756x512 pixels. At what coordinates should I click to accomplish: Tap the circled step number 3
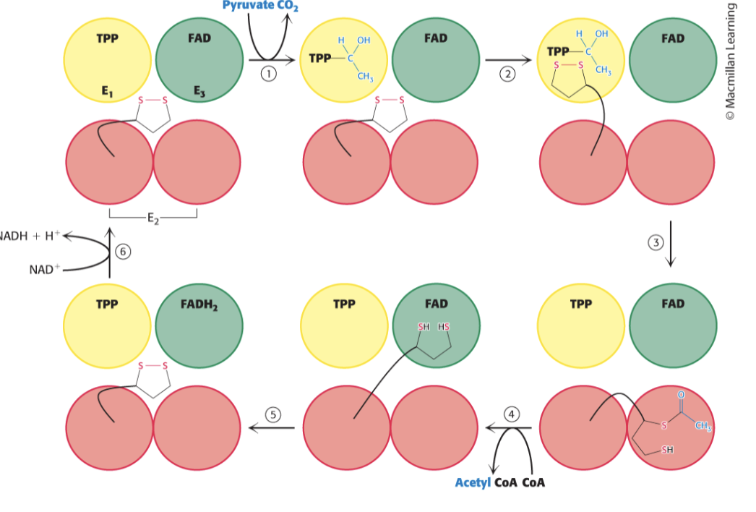(656, 243)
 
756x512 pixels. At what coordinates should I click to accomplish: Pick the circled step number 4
(512, 414)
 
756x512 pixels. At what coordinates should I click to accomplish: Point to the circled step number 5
(272, 414)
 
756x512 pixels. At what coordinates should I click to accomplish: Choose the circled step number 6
(123, 251)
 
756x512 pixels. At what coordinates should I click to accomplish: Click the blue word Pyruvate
(248, 6)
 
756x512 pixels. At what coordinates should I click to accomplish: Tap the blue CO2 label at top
(288, 7)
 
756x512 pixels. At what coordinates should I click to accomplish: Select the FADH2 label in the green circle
(199, 304)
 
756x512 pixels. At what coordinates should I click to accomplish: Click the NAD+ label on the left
(42, 270)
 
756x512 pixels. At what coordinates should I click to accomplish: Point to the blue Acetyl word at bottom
(472, 482)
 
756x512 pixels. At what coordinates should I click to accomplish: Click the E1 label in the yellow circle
(107, 91)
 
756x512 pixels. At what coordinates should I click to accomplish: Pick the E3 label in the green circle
(199, 91)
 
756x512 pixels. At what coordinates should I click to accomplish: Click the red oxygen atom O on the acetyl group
(680, 395)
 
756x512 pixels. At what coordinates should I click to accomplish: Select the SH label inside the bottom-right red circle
(666, 450)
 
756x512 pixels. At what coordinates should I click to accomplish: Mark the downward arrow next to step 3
(671, 244)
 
